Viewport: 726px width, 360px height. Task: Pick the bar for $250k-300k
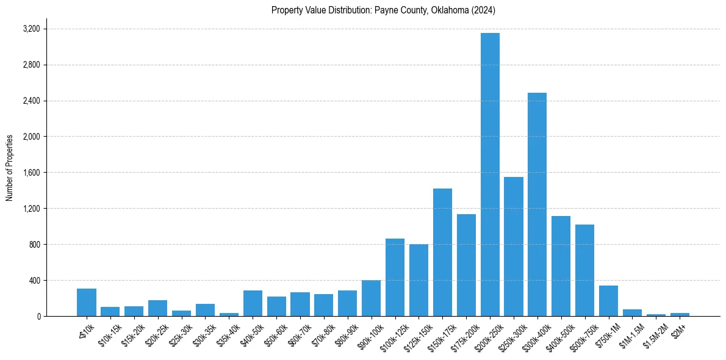[x=514, y=247]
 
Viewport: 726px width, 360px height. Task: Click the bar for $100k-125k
[x=395, y=277]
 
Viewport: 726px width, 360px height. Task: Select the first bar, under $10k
[x=87, y=303]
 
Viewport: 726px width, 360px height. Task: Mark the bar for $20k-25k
[x=157, y=308]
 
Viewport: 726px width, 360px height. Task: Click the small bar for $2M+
[x=680, y=314]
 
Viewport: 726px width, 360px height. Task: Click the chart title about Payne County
[x=383, y=10]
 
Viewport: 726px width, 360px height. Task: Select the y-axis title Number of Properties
[x=10, y=167]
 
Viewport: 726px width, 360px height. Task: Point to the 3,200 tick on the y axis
[x=31, y=29]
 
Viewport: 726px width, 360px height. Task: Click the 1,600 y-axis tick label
[x=31, y=173]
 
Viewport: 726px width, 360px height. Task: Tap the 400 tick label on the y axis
[x=34, y=281]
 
